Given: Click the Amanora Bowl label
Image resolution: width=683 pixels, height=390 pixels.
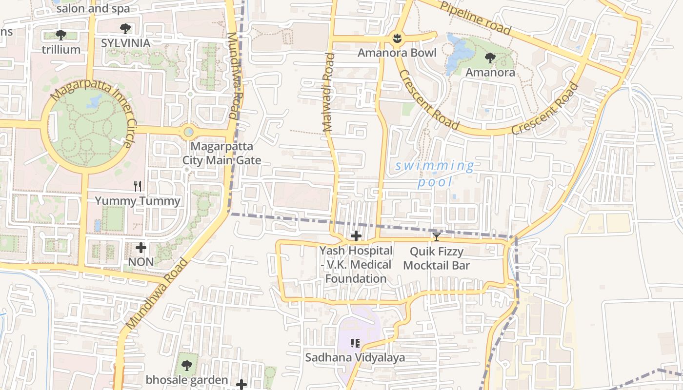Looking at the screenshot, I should coord(397,53).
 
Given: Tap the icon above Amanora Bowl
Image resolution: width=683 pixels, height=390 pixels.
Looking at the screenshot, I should coord(398,38).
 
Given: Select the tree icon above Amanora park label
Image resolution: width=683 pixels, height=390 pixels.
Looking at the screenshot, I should coord(490,58).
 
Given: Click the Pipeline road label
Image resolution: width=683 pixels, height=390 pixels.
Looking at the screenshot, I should coord(476,18).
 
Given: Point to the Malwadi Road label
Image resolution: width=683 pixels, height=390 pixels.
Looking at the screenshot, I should coord(328,93).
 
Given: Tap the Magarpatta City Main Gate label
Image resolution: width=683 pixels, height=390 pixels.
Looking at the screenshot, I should coord(222,153).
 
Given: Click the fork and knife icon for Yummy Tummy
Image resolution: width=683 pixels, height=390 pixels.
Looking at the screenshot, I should coord(138,186).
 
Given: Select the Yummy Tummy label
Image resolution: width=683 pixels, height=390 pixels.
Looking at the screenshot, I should coord(138,201).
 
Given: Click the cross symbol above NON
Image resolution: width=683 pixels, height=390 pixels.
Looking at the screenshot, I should coord(141,248).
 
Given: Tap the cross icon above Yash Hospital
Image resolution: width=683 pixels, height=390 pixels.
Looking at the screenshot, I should coord(356,236).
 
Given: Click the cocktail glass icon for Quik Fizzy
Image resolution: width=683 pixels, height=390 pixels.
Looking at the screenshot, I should coord(437,237).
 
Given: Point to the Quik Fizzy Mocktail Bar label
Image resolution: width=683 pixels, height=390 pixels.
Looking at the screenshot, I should coord(437,259).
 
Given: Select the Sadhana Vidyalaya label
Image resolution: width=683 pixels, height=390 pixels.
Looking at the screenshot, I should coord(355,357).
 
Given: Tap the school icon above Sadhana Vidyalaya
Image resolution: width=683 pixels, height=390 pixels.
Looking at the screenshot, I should coord(355,343).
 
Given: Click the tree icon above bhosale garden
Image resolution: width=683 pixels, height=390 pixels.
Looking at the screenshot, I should coord(186,365).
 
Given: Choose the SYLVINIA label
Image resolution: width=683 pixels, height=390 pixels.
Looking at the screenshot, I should coord(125,43).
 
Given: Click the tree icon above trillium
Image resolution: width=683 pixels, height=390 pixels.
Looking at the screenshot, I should coord(61,35).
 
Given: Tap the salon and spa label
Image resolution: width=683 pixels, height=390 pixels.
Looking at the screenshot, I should coord(93,9).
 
